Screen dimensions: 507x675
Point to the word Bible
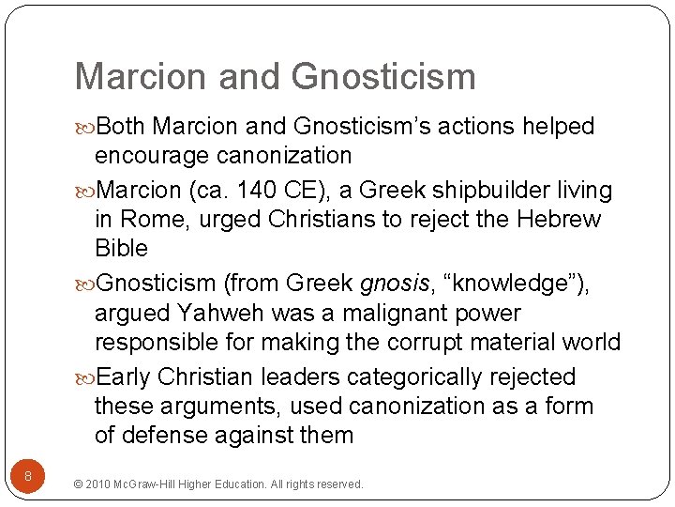[122, 249]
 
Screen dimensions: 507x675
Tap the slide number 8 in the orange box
[28, 477]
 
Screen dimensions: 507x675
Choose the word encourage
[155, 156]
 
